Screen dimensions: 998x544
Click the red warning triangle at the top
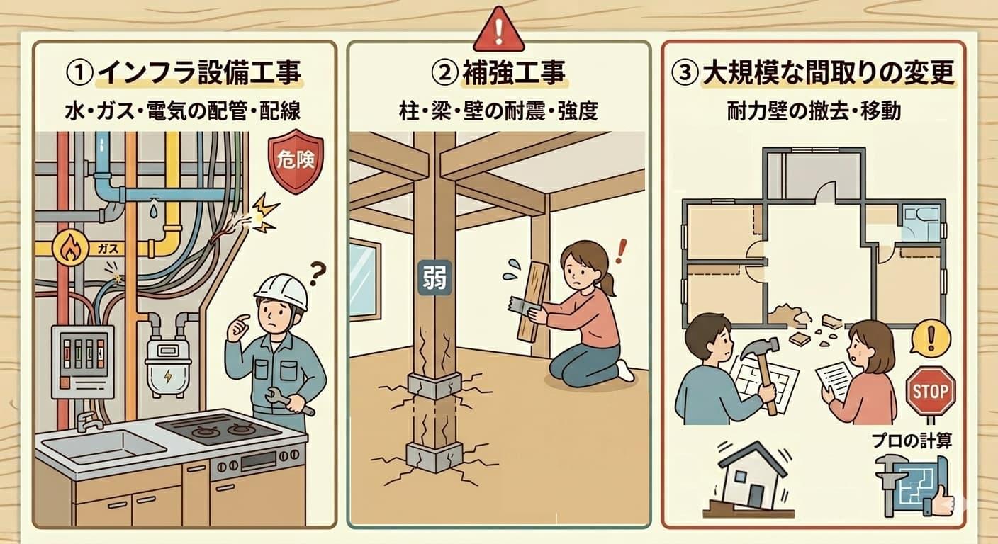(x=498, y=30)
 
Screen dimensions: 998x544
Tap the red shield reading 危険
(x=296, y=161)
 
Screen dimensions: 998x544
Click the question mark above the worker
(x=318, y=273)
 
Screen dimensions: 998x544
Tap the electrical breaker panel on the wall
(x=82, y=361)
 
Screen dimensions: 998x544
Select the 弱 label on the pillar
(x=434, y=278)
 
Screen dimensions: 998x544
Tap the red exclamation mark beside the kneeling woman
(x=621, y=250)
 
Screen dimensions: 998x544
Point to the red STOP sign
(x=930, y=391)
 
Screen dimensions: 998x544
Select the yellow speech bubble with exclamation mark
(x=930, y=339)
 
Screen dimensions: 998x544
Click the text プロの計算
(x=912, y=441)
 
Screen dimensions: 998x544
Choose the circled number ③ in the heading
(x=684, y=74)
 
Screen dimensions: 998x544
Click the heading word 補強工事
(x=514, y=72)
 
